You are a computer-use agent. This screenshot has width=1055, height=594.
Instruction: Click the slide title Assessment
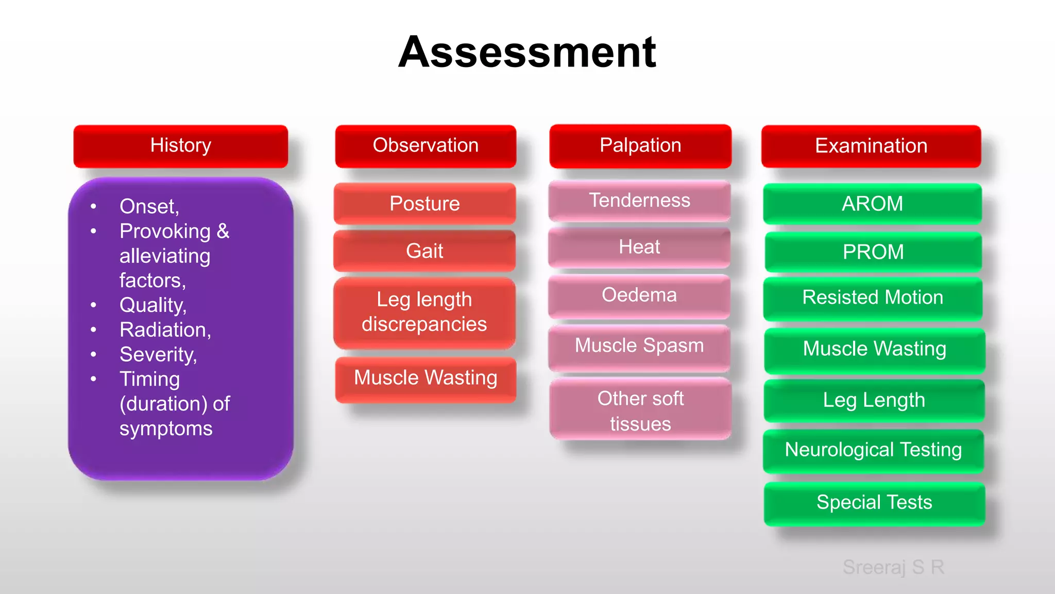pos(527,52)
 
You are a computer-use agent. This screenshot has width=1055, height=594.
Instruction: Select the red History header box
pos(181,146)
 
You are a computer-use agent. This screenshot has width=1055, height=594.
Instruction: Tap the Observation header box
pos(426,146)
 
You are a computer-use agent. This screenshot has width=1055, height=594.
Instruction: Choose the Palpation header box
pos(640,146)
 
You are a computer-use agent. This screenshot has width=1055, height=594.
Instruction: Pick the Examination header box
pos(871,146)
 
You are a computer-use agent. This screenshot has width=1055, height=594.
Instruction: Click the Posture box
pos(424,204)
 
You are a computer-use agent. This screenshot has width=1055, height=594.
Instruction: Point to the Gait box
pos(424,251)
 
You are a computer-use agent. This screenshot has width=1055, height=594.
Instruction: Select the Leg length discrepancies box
pos(424,312)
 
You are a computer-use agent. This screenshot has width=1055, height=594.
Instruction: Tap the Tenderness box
pos(639,201)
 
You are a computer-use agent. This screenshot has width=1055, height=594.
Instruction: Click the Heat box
pos(639,247)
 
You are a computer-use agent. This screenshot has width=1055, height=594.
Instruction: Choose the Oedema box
pos(639,295)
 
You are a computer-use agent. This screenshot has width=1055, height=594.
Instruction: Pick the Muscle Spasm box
pos(639,346)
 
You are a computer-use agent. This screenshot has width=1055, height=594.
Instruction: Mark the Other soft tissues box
pos(640,410)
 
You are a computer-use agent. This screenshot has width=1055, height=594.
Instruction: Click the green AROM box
pos(872,204)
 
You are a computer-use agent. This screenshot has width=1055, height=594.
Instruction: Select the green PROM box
pos(873,252)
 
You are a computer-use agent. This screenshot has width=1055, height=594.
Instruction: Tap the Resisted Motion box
pos(873,298)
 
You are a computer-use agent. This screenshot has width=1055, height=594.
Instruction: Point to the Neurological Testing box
pos(873,450)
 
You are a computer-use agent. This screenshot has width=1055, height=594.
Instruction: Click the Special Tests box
pos(874,503)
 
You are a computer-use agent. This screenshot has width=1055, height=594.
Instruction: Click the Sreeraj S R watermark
pos(893,567)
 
